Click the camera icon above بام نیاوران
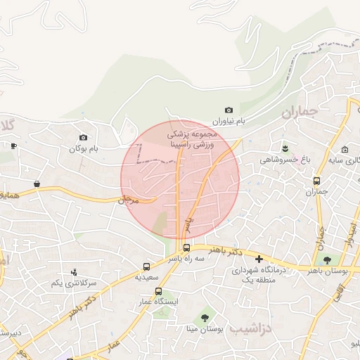(229, 110)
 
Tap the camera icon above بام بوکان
(84, 137)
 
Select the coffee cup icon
(13, 146)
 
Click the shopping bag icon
(37, 184)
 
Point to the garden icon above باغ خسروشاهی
(285, 147)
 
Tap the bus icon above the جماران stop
(317, 180)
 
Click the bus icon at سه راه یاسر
(186, 247)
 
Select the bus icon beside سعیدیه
(146, 266)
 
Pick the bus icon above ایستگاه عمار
(158, 291)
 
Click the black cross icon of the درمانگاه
(259, 259)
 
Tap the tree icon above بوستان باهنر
(327, 260)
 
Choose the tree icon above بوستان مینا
(205, 317)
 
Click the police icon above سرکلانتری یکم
(74, 272)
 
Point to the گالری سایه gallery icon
(345, 150)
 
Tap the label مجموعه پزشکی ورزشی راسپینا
(192, 138)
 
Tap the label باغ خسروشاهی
(285, 160)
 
